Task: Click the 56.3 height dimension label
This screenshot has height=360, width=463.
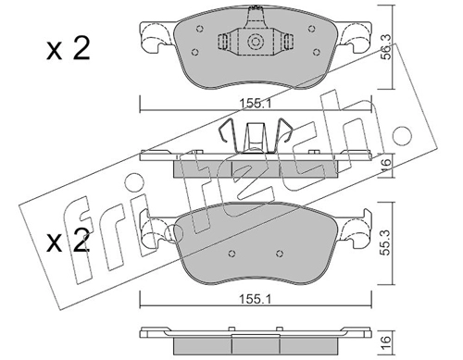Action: [x=386, y=46]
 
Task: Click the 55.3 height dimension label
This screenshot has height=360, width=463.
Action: [x=386, y=242]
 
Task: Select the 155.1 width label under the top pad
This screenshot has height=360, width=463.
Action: [x=256, y=104]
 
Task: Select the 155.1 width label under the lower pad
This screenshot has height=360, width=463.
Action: [x=256, y=299]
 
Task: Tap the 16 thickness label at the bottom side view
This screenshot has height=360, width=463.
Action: [x=386, y=342]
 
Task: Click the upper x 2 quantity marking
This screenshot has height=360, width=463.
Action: [x=69, y=48]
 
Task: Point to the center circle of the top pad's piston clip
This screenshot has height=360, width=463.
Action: [x=256, y=42]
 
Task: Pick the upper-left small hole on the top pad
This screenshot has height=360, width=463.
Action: [x=200, y=29]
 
